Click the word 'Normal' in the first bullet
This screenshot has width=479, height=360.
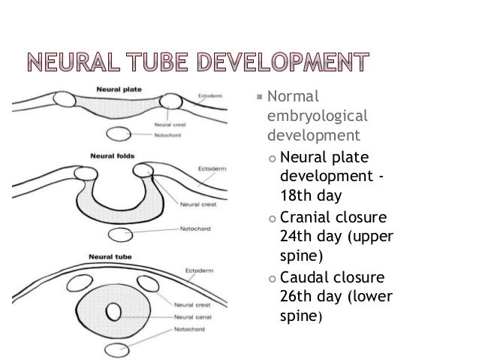(x=294, y=97)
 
